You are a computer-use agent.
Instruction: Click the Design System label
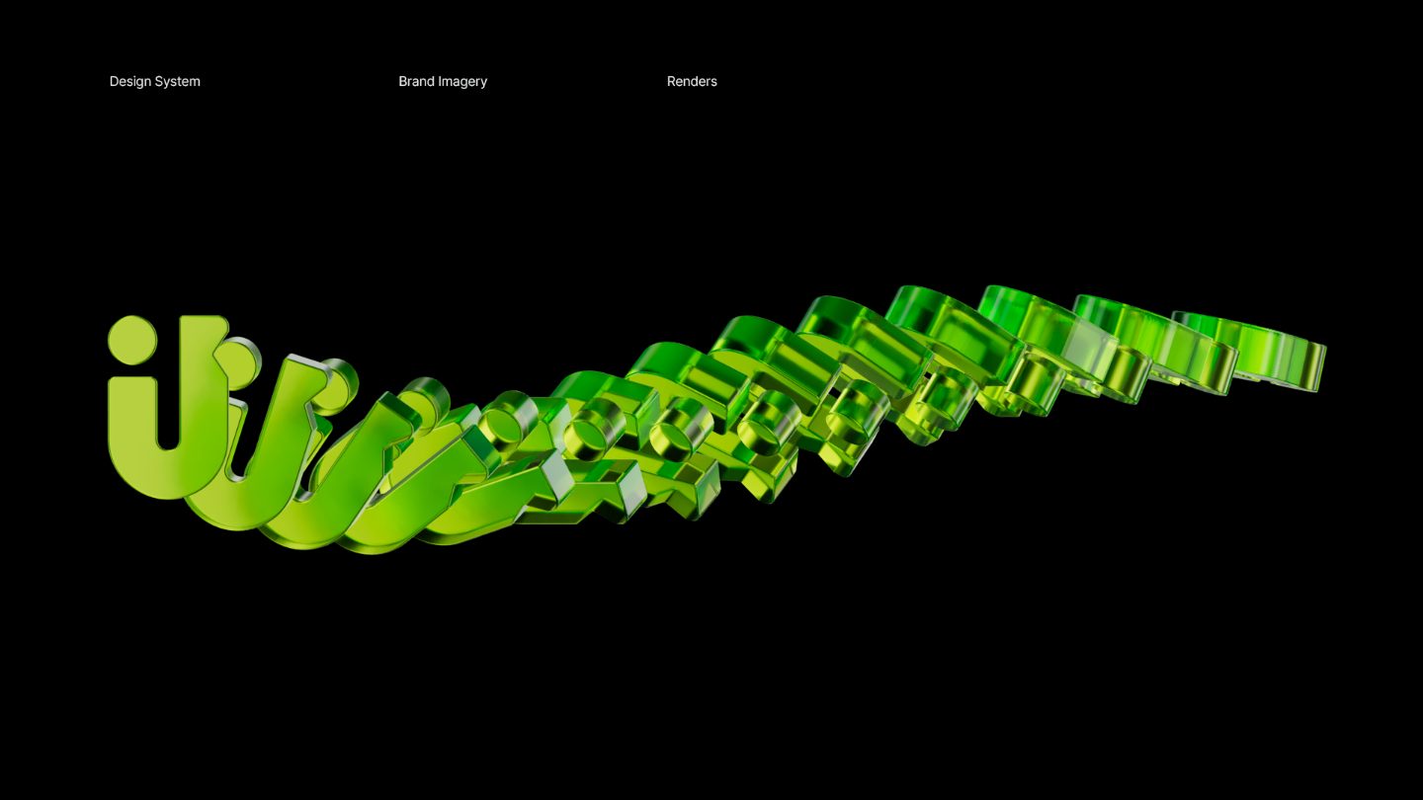click(x=154, y=82)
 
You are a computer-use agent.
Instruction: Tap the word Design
click(x=129, y=82)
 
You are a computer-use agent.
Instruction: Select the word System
click(x=178, y=82)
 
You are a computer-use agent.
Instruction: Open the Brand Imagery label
click(x=443, y=82)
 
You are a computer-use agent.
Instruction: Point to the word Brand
click(x=416, y=81)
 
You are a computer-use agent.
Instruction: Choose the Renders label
click(x=692, y=81)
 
